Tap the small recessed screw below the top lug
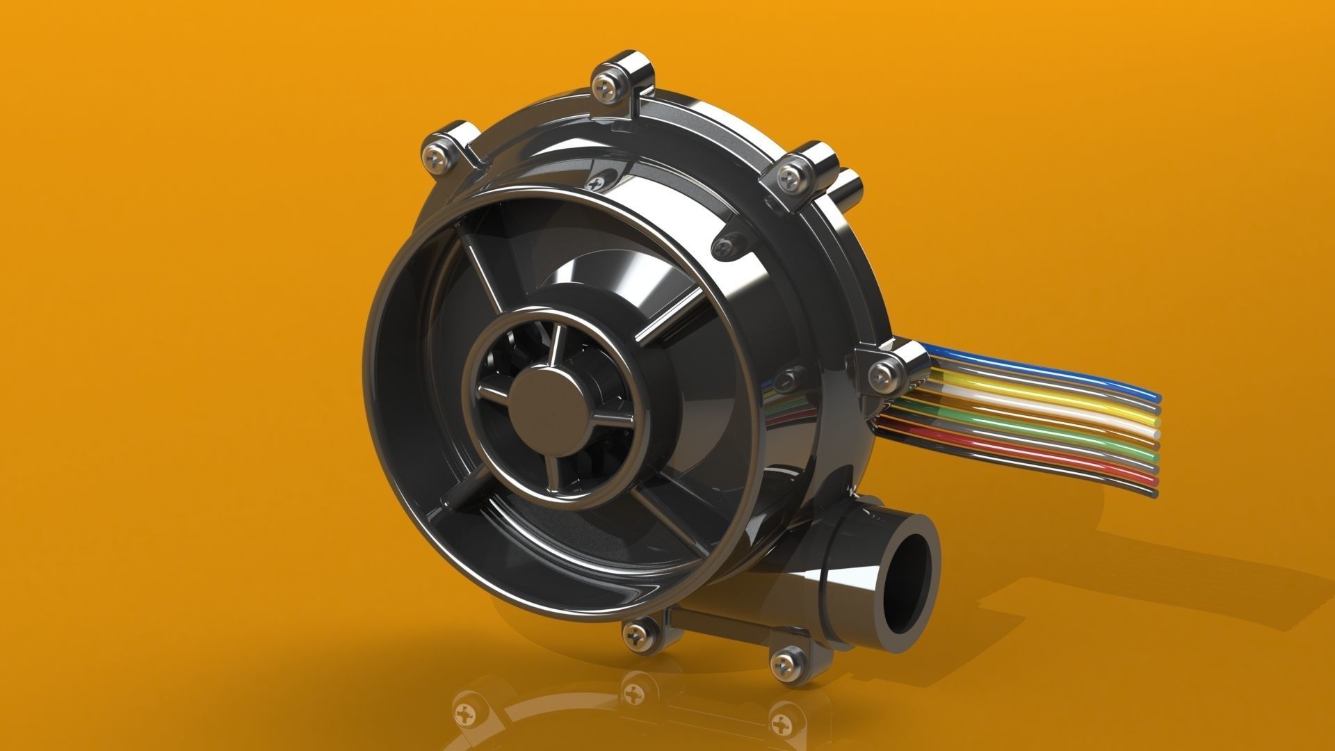[x=596, y=183]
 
